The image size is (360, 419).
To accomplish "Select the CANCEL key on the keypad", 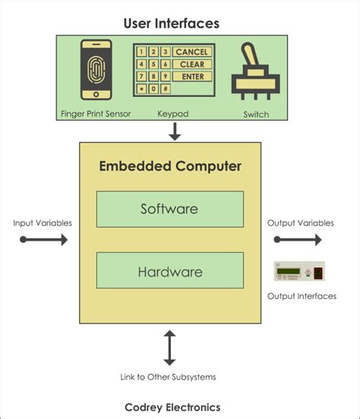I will (191, 52).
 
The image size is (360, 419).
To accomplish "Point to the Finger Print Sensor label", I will (96, 115).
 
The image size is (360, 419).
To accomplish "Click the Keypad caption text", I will (172, 115).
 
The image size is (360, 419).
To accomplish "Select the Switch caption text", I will (255, 115).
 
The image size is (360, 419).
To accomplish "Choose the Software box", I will (169, 209).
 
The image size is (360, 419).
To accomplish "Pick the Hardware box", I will (169, 270).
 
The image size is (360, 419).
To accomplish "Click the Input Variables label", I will (43, 223).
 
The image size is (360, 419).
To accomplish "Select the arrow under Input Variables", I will (43, 240).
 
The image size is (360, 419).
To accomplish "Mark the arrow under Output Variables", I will (298, 240).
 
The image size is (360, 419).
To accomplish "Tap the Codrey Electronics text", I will (172, 407).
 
